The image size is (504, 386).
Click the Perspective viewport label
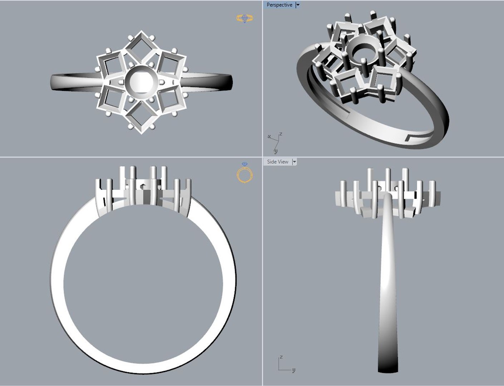point(279,5)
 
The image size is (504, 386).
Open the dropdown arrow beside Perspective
point(298,5)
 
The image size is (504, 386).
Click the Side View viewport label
point(277,162)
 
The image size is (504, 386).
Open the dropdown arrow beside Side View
point(294,162)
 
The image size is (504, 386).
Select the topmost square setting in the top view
point(141,47)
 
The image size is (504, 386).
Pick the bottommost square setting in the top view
point(141,118)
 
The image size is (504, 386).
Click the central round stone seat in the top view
point(138,82)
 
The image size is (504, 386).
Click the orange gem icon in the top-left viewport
point(245,18)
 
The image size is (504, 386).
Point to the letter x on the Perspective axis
point(269,137)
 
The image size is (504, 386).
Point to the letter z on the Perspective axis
point(281,134)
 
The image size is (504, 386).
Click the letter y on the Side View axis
point(294,370)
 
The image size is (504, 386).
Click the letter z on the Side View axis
point(281,357)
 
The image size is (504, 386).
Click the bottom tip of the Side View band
point(388,370)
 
